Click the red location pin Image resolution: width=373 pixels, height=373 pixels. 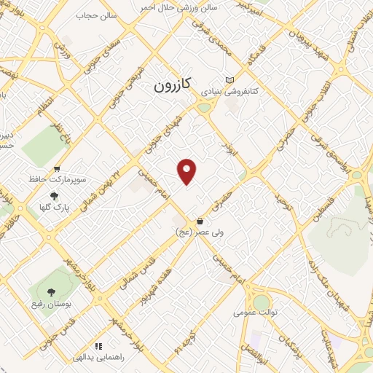coord(188,171)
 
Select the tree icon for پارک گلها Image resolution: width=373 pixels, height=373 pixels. coord(54,196)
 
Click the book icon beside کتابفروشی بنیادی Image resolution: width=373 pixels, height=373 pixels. coord(230,81)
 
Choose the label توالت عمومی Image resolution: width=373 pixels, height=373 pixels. coord(253,312)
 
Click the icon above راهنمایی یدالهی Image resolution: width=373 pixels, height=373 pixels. coord(98,346)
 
